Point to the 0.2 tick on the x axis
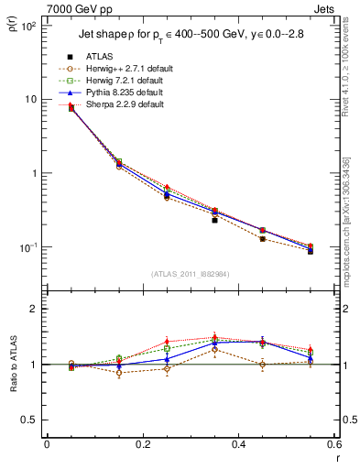point(142,446)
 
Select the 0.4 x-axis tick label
point(237,446)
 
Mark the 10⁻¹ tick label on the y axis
point(27,248)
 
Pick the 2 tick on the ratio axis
point(33,309)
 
